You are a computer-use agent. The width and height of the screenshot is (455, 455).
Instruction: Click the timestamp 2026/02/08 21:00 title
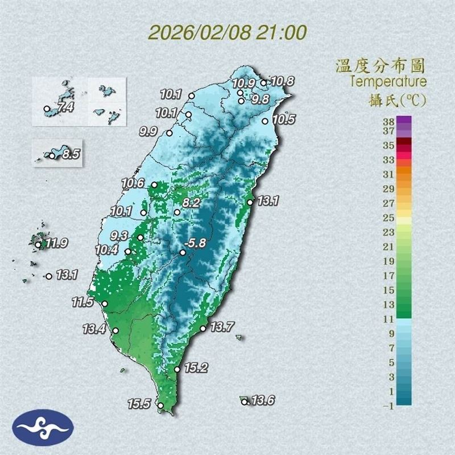click(x=227, y=31)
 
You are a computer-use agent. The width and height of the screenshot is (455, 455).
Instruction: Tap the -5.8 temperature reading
click(x=197, y=241)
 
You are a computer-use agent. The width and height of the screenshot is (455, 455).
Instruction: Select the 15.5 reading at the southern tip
click(x=139, y=404)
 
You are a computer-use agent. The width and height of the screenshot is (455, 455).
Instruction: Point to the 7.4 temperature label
click(x=65, y=106)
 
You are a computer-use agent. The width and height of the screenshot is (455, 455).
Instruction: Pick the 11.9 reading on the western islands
click(x=57, y=244)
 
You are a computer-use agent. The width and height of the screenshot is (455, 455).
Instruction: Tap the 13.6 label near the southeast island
click(x=263, y=401)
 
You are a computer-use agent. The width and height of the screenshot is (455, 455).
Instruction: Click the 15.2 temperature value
click(x=195, y=368)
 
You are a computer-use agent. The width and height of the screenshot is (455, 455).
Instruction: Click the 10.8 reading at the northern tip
click(x=282, y=81)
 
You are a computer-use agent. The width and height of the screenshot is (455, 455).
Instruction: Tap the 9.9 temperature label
click(x=148, y=132)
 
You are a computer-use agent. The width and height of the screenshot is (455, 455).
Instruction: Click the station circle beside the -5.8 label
click(x=183, y=252)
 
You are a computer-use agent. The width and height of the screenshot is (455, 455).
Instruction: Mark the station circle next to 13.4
click(x=115, y=330)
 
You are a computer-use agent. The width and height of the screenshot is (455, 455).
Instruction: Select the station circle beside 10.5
click(x=265, y=121)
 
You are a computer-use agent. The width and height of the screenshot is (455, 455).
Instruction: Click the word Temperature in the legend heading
click(x=388, y=81)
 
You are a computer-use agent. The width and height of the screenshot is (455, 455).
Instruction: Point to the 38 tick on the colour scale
click(x=388, y=121)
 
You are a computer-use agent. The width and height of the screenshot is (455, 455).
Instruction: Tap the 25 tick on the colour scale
click(x=388, y=217)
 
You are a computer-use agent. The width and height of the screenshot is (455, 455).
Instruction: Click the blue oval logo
click(x=43, y=427)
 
